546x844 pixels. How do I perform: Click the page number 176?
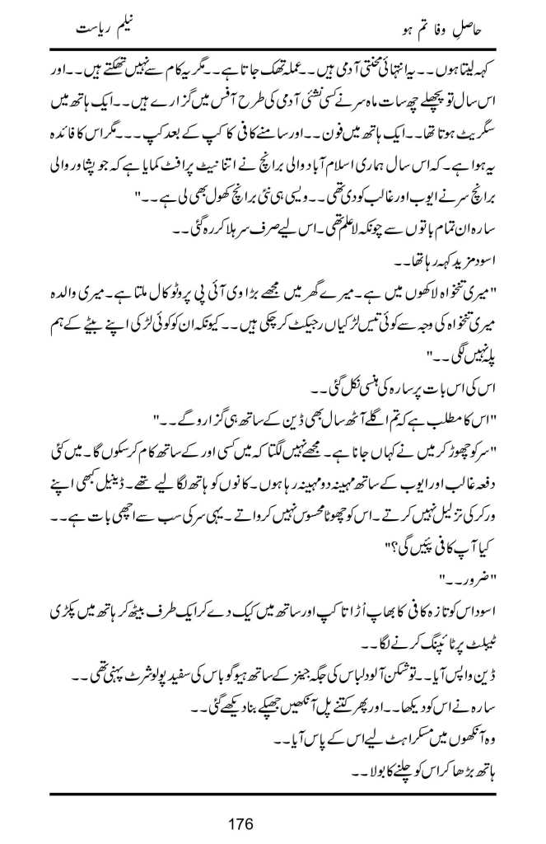(x=272, y=823)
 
